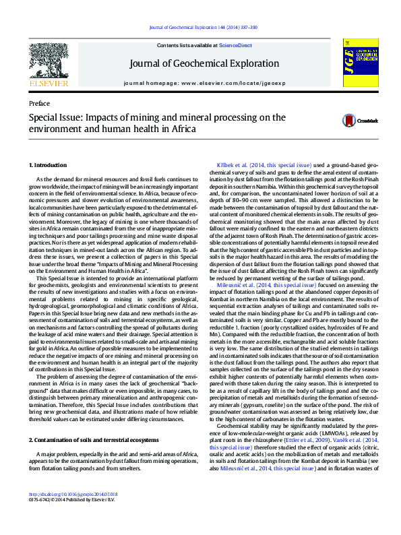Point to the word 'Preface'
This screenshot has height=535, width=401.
39,103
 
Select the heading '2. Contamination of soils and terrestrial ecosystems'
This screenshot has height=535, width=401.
90,420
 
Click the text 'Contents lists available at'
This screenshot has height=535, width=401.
187,45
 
